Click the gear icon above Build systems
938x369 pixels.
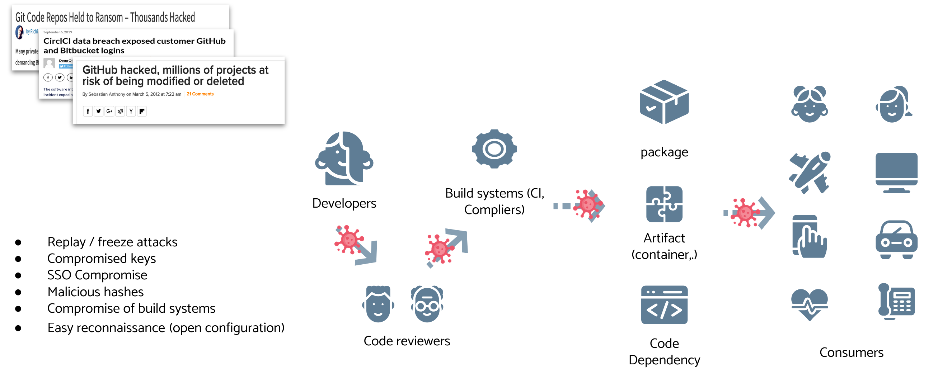494,149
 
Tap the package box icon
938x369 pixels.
664,102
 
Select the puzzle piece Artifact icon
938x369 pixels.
664,204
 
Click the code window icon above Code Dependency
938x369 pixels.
664,305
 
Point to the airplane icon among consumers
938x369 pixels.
810,172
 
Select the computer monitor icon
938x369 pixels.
896,172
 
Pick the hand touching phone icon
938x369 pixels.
810,237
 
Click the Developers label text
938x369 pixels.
344,203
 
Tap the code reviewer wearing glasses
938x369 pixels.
427,304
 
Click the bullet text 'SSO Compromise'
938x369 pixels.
97,275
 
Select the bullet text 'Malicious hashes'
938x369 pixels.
95,292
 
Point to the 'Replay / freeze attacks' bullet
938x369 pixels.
112,242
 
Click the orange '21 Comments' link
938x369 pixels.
200,94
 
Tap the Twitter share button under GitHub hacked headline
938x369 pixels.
98,111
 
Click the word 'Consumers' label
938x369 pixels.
851,352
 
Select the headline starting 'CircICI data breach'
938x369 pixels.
134,46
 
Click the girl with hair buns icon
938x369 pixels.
810,104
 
